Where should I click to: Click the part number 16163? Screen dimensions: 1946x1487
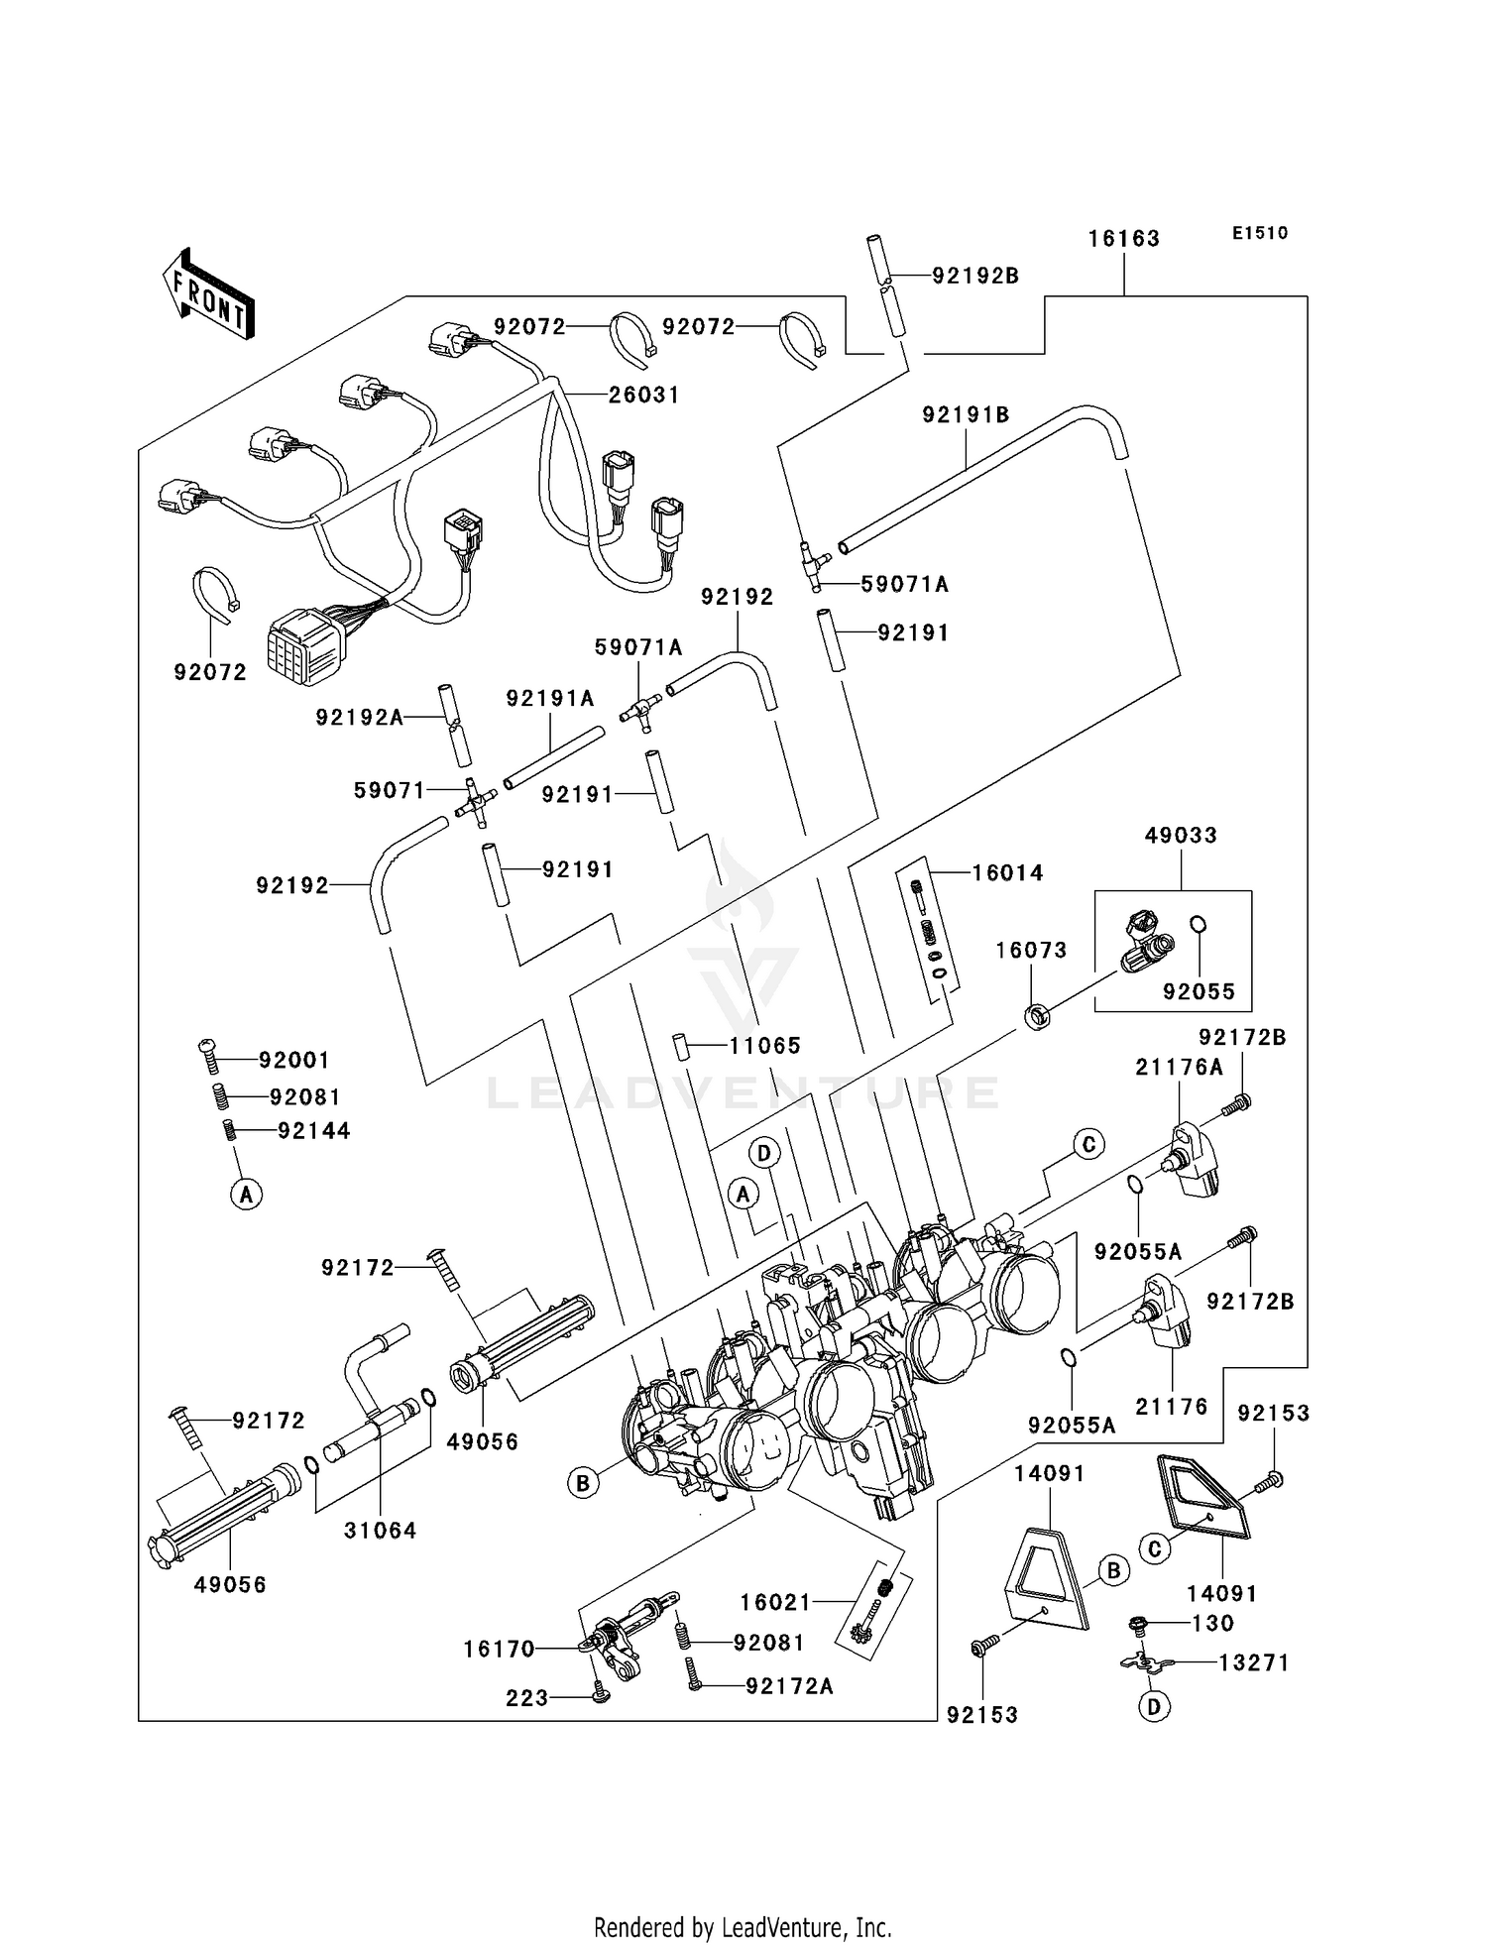1123,239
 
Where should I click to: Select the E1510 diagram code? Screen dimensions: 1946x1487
1260,233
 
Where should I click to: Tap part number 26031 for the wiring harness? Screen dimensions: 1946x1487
644,395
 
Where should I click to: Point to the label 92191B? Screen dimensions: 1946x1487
966,415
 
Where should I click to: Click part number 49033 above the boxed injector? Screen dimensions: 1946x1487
1181,835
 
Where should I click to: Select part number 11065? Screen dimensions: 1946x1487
764,1046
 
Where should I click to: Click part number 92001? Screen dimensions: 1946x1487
293,1061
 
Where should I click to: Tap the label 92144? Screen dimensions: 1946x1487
313,1131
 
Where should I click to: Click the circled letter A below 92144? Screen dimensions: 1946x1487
246,1194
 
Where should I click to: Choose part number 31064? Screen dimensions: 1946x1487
380,1530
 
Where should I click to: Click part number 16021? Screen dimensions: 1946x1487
775,1602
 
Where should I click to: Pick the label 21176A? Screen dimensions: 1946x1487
1179,1068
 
